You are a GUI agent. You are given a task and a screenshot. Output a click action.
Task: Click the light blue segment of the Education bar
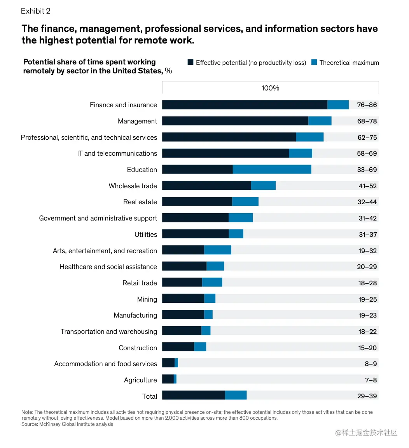[x=272, y=170]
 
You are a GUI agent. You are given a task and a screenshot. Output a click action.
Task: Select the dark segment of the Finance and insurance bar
[x=245, y=105]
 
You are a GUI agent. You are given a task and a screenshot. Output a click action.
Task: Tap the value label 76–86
[x=367, y=105]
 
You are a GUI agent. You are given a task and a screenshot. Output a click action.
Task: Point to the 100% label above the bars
[x=270, y=88]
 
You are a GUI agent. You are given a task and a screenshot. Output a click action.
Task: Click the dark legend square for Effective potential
[x=191, y=62]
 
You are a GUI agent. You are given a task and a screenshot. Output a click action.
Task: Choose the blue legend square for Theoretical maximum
[x=314, y=62]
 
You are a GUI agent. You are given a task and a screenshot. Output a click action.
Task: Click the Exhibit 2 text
[x=36, y=11]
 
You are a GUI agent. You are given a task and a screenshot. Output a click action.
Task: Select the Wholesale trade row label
[x=133, y=186]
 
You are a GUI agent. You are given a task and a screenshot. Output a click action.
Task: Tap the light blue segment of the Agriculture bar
[x=175, y=379]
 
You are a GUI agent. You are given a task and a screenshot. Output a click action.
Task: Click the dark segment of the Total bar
[x=193, y=395]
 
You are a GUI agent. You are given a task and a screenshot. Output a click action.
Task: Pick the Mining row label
[x=147, y=299]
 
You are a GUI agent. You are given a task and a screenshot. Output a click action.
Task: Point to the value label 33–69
[x=367, y=170]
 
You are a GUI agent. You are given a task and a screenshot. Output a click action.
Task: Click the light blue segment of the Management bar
[x=320, y=121]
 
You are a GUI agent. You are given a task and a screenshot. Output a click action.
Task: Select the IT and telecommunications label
[x=117, y=153]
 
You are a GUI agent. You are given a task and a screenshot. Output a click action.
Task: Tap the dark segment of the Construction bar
[x=178, y=347]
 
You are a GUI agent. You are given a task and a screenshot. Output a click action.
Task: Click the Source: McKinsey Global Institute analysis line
[x=67, y=424]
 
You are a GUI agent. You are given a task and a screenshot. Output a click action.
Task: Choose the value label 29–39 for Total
[x=367, y=396]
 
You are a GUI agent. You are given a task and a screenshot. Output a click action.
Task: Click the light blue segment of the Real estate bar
[x=245, y=202]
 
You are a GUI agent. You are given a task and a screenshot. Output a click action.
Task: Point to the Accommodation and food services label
[x=105, y=364]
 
